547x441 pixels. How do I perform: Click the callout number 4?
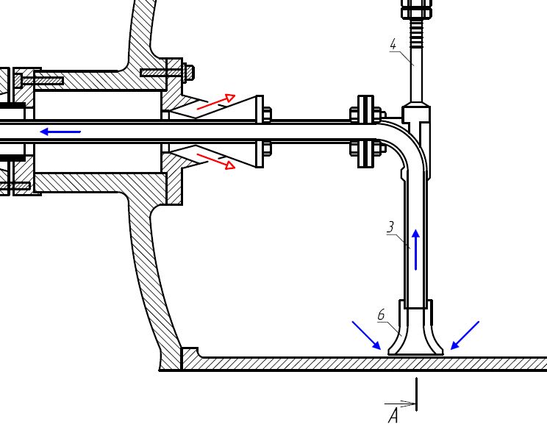coord(393,45)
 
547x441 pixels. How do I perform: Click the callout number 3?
coord(390,227)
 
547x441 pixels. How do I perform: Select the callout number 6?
coord(381,315)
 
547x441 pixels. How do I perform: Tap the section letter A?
coord(393,416)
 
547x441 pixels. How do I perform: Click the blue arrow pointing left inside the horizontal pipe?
coord(60,132)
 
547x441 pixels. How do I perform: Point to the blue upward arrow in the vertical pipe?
coord(415,250)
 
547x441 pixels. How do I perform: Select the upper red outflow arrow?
coord(216,101)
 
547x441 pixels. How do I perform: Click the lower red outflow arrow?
coord(216,162)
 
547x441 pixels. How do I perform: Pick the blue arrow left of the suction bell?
coord(366,335)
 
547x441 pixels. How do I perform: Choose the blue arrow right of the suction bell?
coord(465,335)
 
